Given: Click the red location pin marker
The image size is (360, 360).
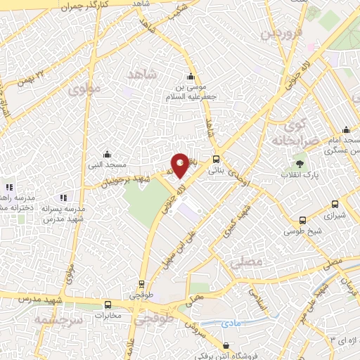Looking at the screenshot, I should [x=180, y=165].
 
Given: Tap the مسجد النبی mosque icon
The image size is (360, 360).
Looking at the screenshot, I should [x=106, y=155].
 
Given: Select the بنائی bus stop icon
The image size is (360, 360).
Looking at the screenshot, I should [x=216, y=158].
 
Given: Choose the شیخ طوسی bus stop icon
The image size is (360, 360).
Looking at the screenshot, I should [x=302, y=220].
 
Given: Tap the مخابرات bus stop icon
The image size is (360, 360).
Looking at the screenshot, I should [x=108, y=305].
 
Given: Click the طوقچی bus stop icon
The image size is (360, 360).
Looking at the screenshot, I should [x=141, y=285].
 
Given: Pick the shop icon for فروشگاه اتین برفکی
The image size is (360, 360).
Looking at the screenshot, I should [x=225, y=346].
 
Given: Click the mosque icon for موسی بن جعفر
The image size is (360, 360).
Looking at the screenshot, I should [x=189, y=77].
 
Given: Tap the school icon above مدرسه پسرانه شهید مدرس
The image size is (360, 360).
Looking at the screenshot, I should [x=64, y=198].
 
